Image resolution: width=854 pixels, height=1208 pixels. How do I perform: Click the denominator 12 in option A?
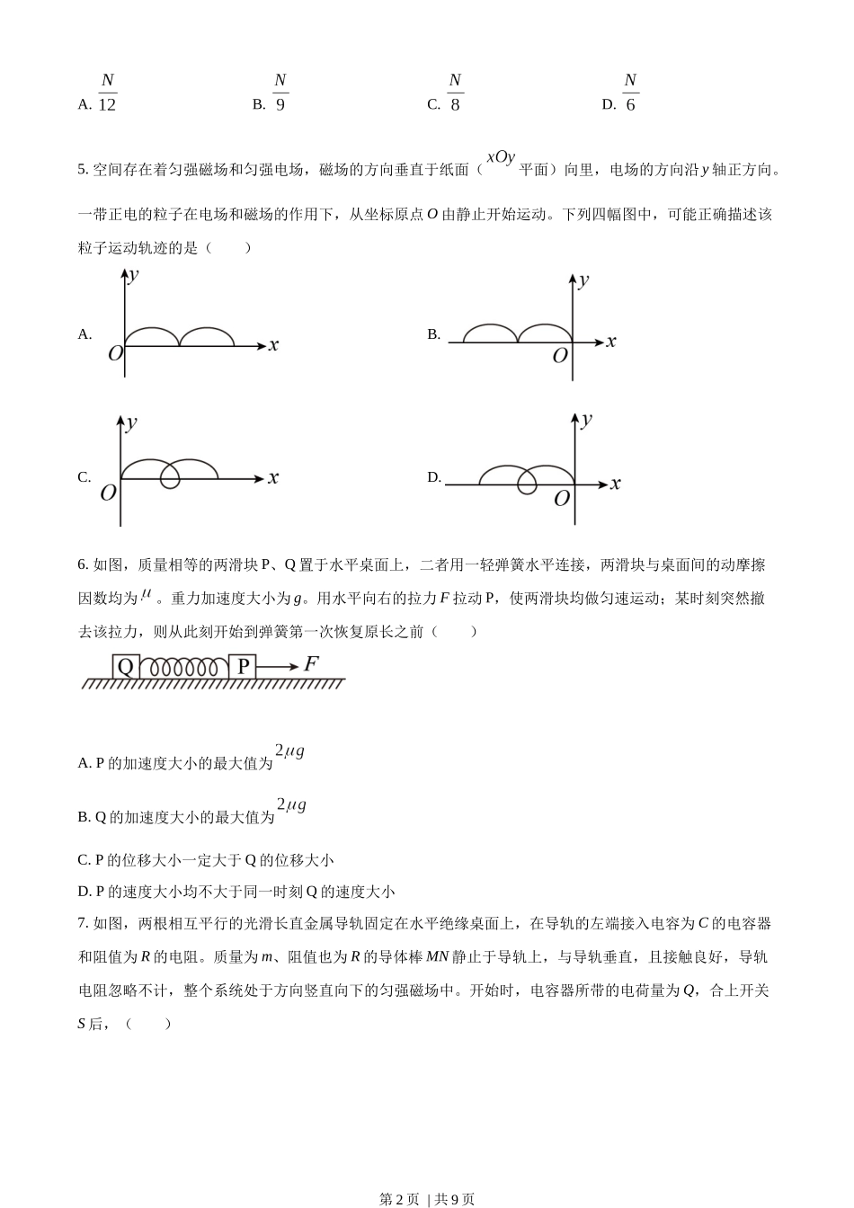(x=107, y=104)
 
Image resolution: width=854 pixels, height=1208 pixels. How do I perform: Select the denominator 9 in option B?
(x=280, y=104)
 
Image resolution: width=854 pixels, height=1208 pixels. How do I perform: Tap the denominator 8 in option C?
(x=455, y=104)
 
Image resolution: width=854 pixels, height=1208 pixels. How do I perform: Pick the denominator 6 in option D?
(x=630, y=104)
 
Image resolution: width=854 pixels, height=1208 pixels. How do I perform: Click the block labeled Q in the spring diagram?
(x=126, y=667)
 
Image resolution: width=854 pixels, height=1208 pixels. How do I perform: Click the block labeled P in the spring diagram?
(x=243, y=667)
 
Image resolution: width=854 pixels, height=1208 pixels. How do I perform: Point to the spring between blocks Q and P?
(x=184, y=667)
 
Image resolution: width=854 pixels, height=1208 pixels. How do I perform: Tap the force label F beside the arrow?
(x=311, y=664)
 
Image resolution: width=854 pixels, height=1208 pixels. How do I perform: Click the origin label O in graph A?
(x=115, y=354)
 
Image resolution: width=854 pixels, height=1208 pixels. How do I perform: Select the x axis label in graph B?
(x=611, y=341)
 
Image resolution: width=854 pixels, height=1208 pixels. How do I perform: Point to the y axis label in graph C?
(x=132, y=422)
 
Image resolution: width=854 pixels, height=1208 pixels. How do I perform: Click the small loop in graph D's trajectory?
(x=528, y=484)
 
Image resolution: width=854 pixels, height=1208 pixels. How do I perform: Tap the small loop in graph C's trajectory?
(x=170, y=478)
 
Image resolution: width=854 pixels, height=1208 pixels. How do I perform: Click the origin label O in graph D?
(x=562, y=499)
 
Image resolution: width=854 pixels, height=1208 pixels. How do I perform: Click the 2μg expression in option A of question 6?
(x=289, y=751)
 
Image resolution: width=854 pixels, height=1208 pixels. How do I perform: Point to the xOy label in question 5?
(x=501, y=157)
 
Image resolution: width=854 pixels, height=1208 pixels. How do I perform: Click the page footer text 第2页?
(x=400, y=1199)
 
